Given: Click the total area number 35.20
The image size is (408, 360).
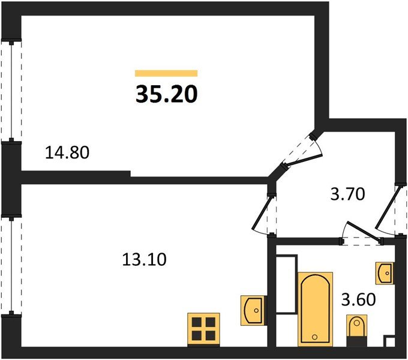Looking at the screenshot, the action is click(167, 94).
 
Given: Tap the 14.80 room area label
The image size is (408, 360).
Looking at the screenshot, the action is click(67, 152).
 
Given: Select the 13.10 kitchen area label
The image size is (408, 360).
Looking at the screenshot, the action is click(144, 260).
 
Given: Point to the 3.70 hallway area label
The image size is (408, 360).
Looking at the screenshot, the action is click(347, 194).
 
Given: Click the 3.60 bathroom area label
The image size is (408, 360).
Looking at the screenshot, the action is click(359, 299).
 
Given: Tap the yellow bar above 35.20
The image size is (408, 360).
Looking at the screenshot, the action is click(166, 73).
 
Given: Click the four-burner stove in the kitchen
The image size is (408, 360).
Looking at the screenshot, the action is click(203, 329).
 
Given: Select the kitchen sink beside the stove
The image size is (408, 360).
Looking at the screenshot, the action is click(254, 310).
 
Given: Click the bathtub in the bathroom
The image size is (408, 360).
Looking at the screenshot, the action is click(316, 309).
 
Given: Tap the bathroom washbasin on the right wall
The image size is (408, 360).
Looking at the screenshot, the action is click(385, 273).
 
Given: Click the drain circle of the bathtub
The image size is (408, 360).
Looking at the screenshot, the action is click(314, 337).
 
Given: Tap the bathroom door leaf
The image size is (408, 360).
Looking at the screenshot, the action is click(363, 231).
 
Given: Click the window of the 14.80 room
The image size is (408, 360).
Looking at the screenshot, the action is click(11, 90).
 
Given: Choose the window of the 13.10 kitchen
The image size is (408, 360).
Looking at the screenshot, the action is click(11, 266).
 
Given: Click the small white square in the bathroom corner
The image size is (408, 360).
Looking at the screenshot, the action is click(390, 342).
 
